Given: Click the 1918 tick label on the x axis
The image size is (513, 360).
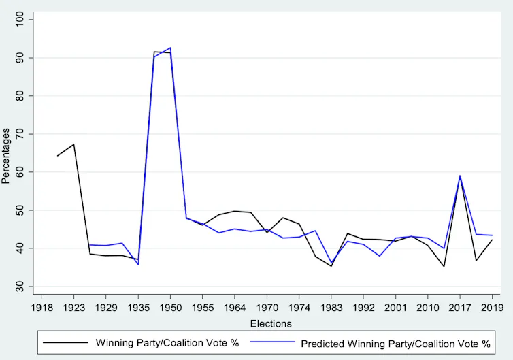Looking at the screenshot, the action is point(42,308).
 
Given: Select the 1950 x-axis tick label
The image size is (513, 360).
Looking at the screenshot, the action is point(170,308).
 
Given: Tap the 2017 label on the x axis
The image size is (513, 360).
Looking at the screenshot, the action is point(460,308).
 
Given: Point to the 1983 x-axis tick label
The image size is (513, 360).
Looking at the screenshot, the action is point(331,308).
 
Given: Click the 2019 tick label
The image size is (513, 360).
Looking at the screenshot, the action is point(492,308).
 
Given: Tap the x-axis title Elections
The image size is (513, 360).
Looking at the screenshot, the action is point(271,324).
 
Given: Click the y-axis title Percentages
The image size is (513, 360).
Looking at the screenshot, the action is point(5,156).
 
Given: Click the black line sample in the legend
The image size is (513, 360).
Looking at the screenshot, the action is point(65,343).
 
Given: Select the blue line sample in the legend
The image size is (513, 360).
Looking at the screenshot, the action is point(273,342).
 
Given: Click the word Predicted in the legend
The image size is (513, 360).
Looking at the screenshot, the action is point(322,344).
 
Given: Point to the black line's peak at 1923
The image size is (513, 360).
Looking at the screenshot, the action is point(73,144).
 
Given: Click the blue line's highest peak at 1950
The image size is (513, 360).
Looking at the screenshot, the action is point(171,48).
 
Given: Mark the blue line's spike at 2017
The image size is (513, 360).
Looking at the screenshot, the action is point(460,176).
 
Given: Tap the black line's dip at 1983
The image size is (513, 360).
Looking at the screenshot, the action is point(331,266).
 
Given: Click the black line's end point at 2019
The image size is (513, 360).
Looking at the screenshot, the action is point(492,240).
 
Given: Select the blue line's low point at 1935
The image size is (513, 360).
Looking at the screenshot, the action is point(138,265).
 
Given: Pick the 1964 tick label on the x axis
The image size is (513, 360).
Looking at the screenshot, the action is point(235,308).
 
